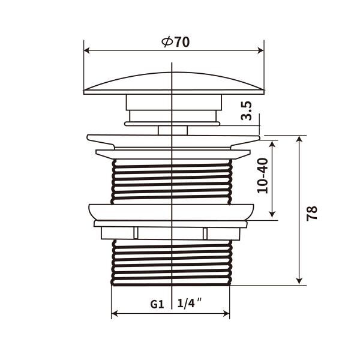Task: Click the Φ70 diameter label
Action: point(175,43)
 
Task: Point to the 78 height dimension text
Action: point(311,212)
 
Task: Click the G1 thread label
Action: point(157,304)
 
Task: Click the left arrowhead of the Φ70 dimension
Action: point(86,50)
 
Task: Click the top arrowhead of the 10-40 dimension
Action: point(272,143)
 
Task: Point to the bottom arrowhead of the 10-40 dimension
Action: point(272,214)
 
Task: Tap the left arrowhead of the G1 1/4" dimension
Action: point(115,313)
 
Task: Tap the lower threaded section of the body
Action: point(172,262)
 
